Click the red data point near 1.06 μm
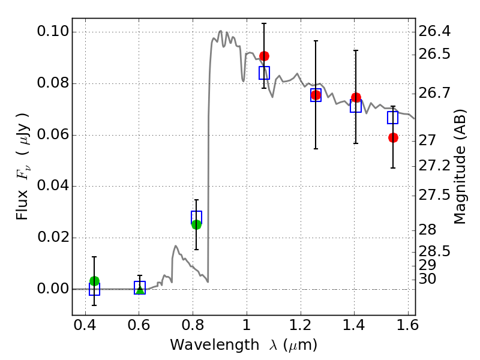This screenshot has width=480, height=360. (264, 56)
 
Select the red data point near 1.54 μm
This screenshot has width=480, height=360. (393, 137)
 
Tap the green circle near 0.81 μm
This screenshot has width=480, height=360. (196, 224)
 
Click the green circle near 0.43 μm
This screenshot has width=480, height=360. (94, 281)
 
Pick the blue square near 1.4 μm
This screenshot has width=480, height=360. (356, 106)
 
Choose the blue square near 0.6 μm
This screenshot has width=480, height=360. (140, 287)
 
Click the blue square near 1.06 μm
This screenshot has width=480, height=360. (264, 73)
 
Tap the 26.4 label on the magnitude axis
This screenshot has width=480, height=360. (434, 31)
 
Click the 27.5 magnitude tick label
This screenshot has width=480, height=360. (434, 195)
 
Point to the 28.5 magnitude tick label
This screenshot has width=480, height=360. (434, 251)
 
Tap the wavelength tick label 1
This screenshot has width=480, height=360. (247, 328)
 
